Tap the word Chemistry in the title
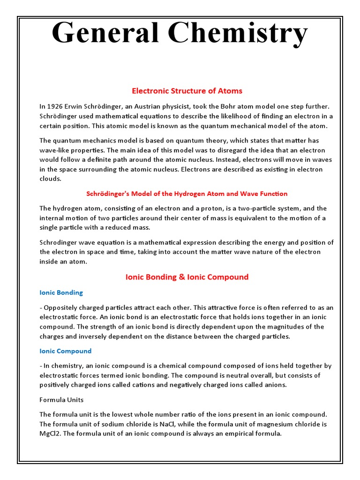tap(241, 34)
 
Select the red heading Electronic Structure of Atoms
tap(187, 90)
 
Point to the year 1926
tap(55, 106)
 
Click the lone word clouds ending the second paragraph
tap(50, 179)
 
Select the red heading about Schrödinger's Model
tap(187, 194)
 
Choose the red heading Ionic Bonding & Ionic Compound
tap(187, 277)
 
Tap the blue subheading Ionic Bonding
tap(61, 292)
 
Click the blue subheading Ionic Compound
tap(65, 351)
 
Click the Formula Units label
tap(61, 400)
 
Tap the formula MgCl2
tap(50, 434)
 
